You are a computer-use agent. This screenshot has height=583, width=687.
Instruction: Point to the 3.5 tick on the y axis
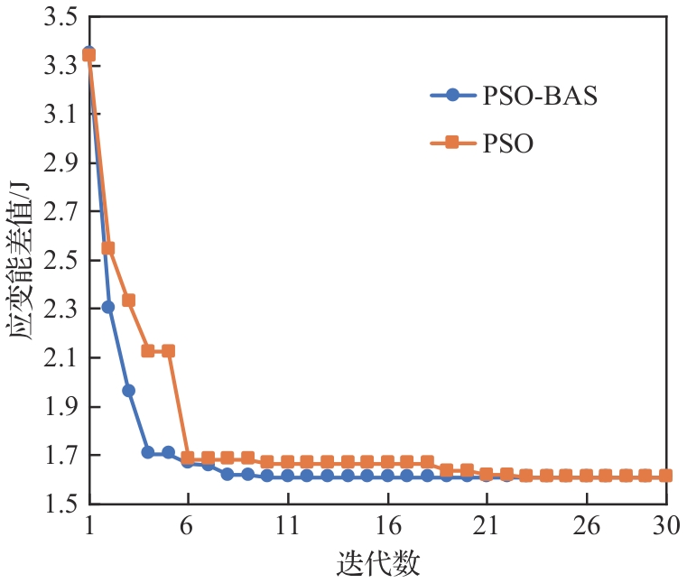59,17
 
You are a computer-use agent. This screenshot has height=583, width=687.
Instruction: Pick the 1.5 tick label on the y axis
59,504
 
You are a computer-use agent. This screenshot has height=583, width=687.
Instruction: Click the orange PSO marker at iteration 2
108,247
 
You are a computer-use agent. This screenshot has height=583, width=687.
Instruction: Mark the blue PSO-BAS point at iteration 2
108,307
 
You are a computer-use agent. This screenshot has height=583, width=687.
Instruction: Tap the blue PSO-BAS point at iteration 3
128,390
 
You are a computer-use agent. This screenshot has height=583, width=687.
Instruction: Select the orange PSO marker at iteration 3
128,300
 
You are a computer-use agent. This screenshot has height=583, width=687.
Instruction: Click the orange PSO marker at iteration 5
168,350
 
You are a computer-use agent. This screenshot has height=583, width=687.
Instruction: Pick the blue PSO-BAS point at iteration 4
148,452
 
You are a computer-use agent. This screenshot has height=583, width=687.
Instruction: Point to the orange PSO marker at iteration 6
188,458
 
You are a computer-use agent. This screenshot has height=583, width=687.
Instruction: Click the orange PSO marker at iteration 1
88,55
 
